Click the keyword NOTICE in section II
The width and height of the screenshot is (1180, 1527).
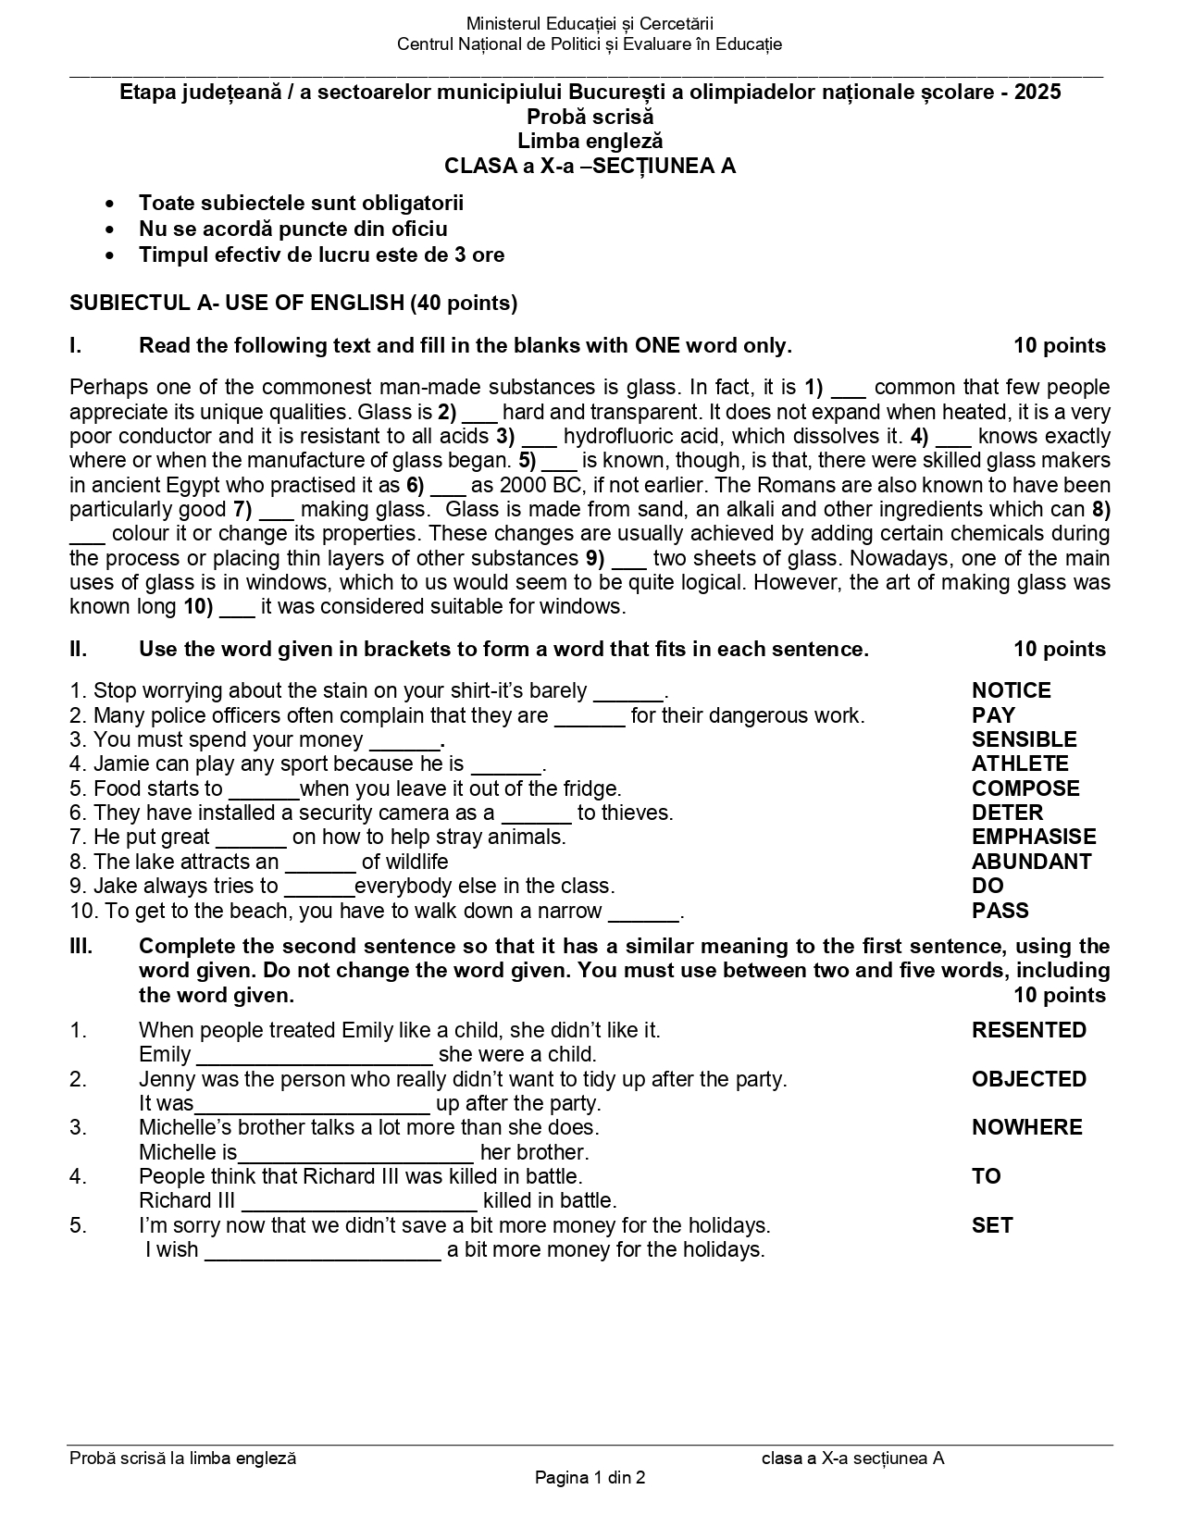pos(1011,690)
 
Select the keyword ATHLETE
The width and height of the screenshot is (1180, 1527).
pos(1019,763)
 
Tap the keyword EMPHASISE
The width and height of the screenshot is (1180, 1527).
pos(1033,837)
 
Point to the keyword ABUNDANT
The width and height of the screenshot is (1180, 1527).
pos(1031,862)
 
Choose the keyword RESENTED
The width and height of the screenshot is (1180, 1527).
pos(1028,1030)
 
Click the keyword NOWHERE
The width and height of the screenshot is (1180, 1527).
pos(1026,1127)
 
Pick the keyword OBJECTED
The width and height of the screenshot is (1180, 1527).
pos(1028,1079)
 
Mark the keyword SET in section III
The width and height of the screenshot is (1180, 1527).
pos(991,1225)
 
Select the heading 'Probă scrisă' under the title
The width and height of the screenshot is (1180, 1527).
pos(590,117)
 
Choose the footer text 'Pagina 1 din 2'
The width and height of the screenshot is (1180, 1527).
pos(590,1478)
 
